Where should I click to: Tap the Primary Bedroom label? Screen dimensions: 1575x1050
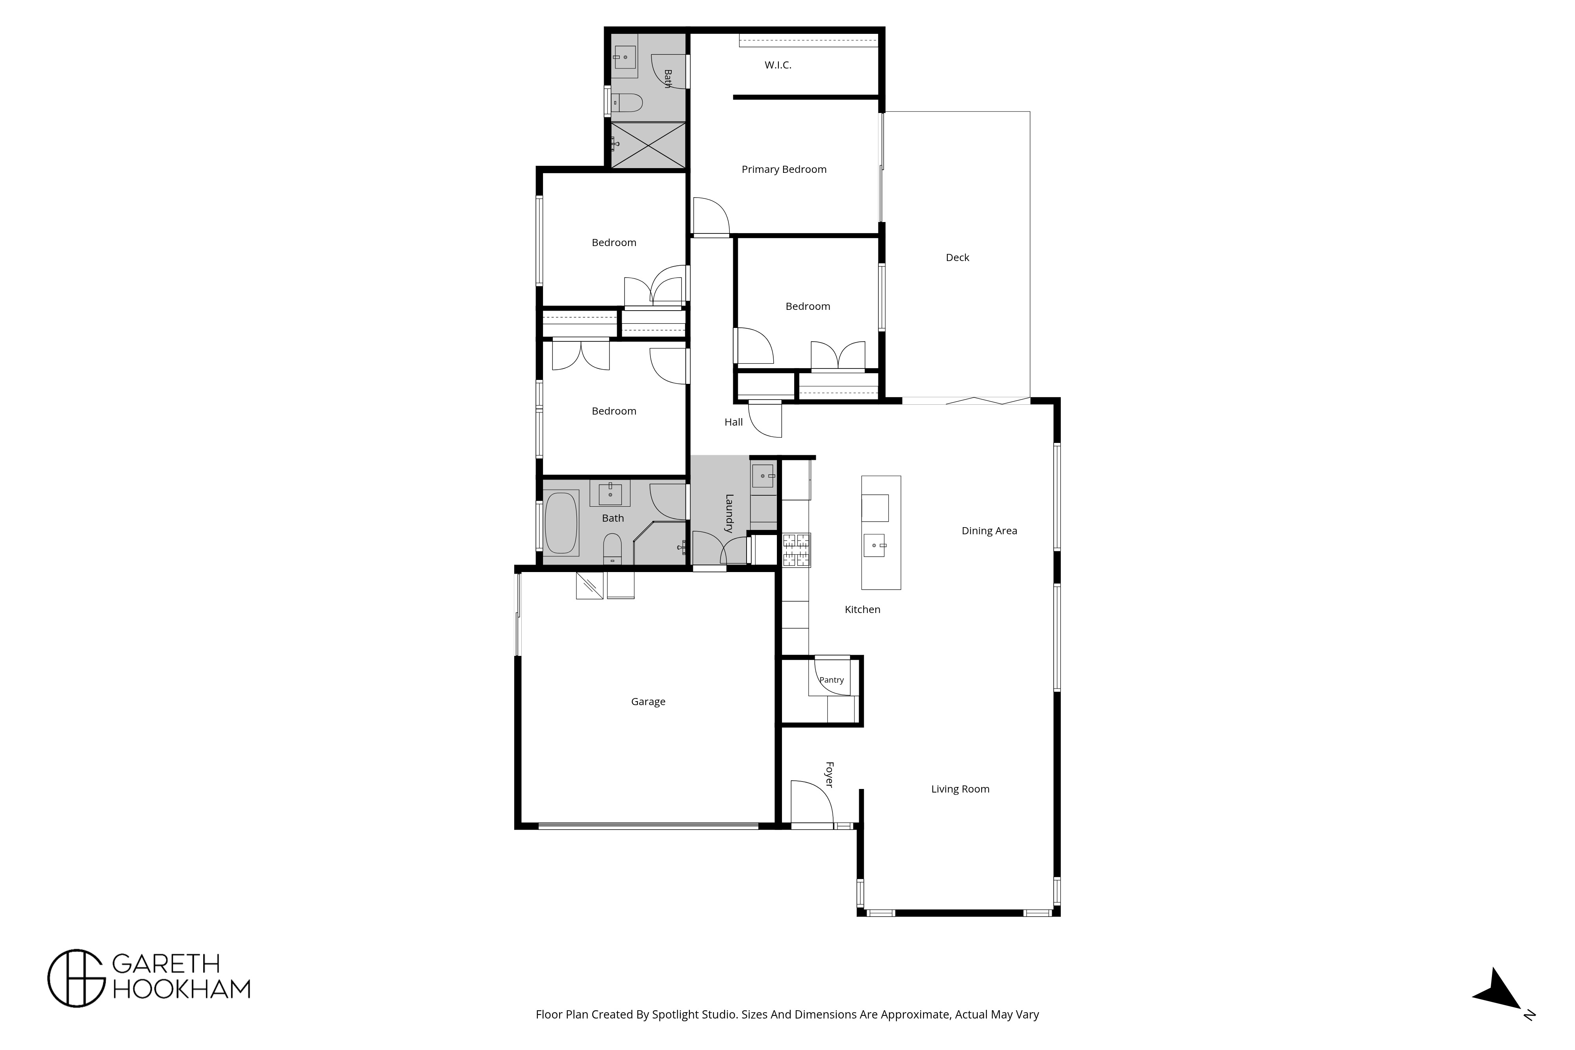click(784, 169)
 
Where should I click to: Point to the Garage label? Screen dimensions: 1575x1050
click(648, 702)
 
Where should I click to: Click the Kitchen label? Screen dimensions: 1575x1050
click(862, 609)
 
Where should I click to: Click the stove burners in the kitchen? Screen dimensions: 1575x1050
click(797, 550)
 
